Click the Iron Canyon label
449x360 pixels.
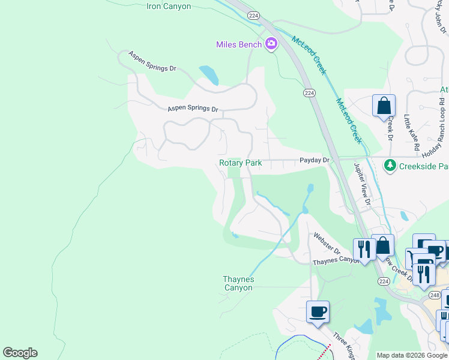(x=169, y=7)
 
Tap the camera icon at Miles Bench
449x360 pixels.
(x=271, y=43)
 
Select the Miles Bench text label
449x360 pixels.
(x=239, y=44)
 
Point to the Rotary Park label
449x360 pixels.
(x=240, y=163)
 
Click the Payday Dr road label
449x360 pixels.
(x=315, y=160)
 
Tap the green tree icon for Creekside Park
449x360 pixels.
(x=390, y=165)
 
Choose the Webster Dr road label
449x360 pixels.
(x=326, y=244)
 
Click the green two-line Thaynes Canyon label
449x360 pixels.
(x=238, y=283)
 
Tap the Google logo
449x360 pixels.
(x=20, y=353)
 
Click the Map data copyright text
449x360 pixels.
(x=411, y=355)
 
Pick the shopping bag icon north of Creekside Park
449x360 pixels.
(x=384, y=107)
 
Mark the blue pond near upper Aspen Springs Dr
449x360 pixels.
(x=208, y=75)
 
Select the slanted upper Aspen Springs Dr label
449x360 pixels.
(x=152, y=62)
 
